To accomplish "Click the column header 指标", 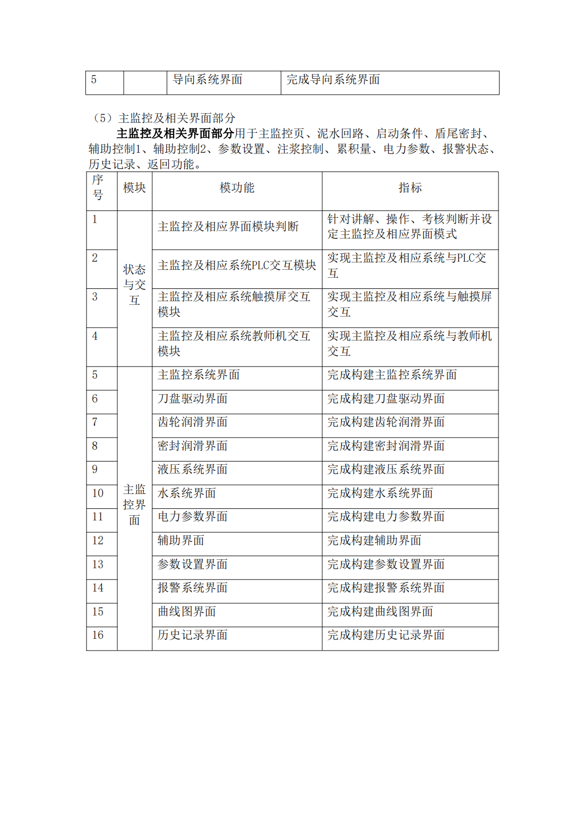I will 410,188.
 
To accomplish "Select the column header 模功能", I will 237,188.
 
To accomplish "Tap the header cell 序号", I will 98,187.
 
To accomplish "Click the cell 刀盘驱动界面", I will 193,399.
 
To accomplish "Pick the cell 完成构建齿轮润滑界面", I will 386,422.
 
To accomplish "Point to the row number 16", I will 98,635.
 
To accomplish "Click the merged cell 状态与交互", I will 134,285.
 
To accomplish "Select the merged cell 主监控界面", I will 134,505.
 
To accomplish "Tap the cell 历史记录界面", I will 193,635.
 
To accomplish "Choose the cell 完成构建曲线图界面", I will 380,612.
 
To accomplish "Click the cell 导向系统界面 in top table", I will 208,80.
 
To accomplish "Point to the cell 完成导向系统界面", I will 333,80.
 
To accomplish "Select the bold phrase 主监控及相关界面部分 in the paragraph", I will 175,133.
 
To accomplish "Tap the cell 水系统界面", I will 187,493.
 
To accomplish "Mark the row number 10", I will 98,493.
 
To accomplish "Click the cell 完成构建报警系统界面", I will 386,588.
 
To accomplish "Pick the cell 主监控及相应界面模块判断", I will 228,227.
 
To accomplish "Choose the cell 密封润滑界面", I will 193,446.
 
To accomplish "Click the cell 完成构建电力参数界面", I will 386,517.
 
